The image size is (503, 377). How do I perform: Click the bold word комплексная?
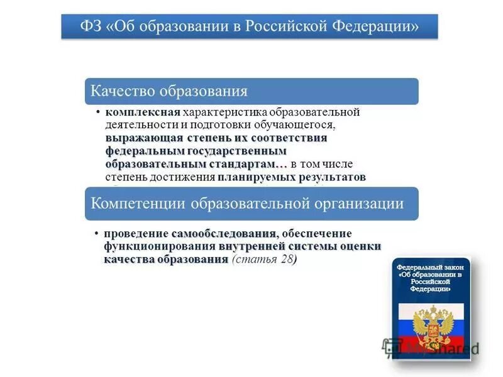pyautogui.click(x=143, y=112)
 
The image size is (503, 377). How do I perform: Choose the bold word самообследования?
pyautogui.click(x=224, y=234)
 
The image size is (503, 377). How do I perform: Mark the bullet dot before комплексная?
pyautogui.click(x=99, y=112)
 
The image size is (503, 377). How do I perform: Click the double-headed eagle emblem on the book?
pyautogui.click(x=433, y=324)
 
